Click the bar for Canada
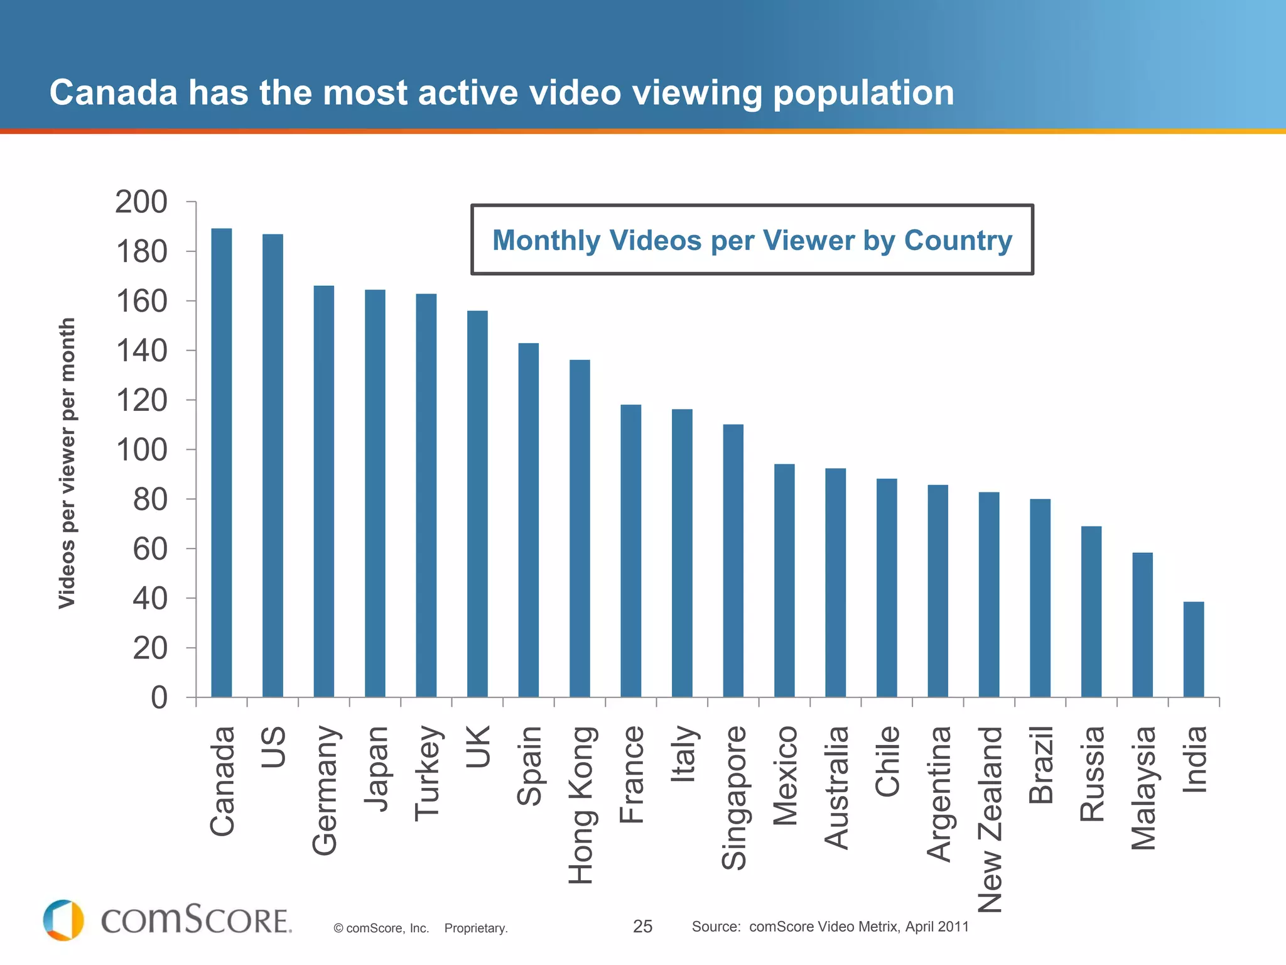(222, 463)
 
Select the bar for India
(1194, 650)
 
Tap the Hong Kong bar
(580, 528)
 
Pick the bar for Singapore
(733, 561)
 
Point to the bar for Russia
(1091, 611)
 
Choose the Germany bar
(324, 491)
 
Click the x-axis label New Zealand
(991, 819)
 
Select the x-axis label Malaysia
(1143, 788)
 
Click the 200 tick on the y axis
(141, 202)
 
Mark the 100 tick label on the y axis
(141, 450)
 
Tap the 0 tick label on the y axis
(159, 698)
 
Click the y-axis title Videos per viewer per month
(67, 463)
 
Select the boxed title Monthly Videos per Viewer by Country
(752, 240)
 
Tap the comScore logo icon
(63, 920)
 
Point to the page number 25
(642, 926)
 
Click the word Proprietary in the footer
(475, 928)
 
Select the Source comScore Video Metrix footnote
(829, 926)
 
